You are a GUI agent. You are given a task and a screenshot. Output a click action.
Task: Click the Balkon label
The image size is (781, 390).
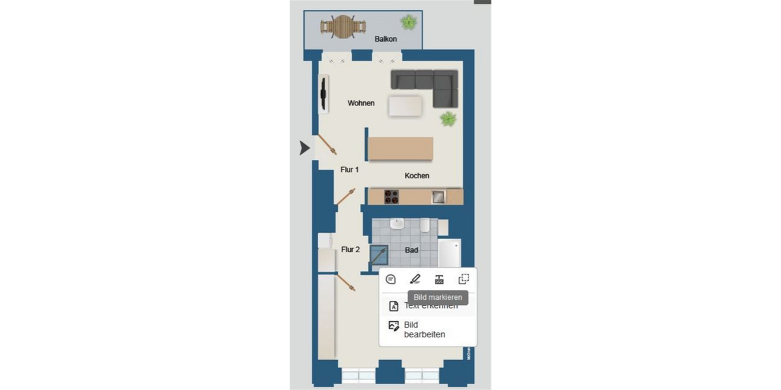pos(385,39)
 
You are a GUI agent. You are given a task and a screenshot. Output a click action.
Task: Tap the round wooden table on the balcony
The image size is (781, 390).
pos(342,27)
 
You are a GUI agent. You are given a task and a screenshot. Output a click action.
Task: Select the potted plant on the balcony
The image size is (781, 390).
pos(409,22)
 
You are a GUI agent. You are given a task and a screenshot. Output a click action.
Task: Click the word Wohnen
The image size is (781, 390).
pos(361,103)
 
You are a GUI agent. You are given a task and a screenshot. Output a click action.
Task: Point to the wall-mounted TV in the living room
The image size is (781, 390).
pos(323,94)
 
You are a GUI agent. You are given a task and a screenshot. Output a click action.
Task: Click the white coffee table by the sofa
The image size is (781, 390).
pos(405,106)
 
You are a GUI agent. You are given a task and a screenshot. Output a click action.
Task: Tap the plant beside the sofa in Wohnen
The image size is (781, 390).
pos(448,119)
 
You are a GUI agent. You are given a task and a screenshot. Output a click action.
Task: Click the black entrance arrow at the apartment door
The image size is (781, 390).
pos(305,148)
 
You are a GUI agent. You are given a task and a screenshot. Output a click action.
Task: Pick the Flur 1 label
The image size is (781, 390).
pos(349,170)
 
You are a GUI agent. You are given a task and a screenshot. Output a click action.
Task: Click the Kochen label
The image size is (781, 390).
pos(417,175)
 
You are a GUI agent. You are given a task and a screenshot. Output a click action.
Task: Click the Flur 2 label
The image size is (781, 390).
pos(350,249)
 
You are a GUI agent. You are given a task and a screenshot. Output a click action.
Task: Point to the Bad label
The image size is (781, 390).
pos(411,250)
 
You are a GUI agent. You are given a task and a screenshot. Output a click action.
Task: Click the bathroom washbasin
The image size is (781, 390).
pos(397,224)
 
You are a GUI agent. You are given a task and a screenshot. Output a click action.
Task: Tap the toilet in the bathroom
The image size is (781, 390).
pos(424,225)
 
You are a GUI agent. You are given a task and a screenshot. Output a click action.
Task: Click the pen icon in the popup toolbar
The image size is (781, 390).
pos(415,279)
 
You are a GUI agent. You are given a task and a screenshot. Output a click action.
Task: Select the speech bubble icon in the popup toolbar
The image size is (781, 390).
pos(390,279)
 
